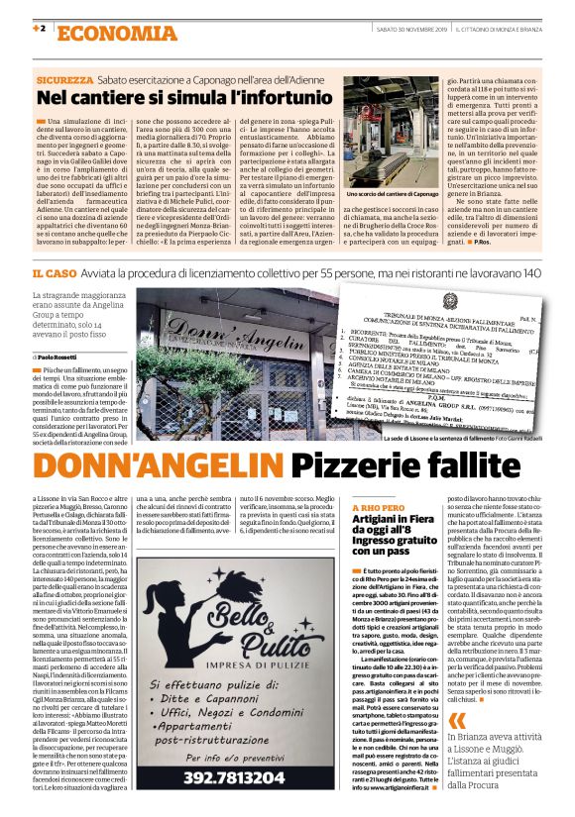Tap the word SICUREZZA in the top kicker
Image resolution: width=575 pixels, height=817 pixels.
pos(65,79)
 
